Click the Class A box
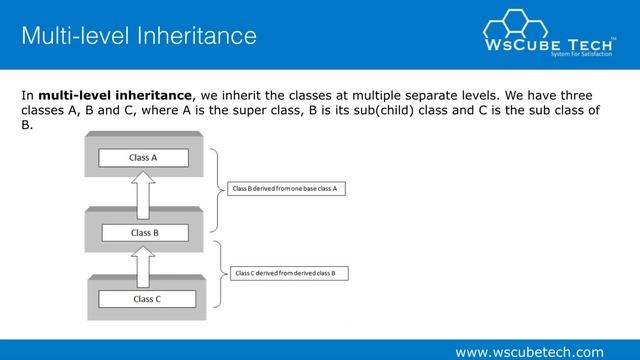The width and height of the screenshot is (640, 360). click(143, 157)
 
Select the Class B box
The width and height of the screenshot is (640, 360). click(145, 232)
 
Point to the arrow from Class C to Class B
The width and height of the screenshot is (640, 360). click(145, 265)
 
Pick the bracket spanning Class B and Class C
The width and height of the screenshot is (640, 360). click(215, 272)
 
